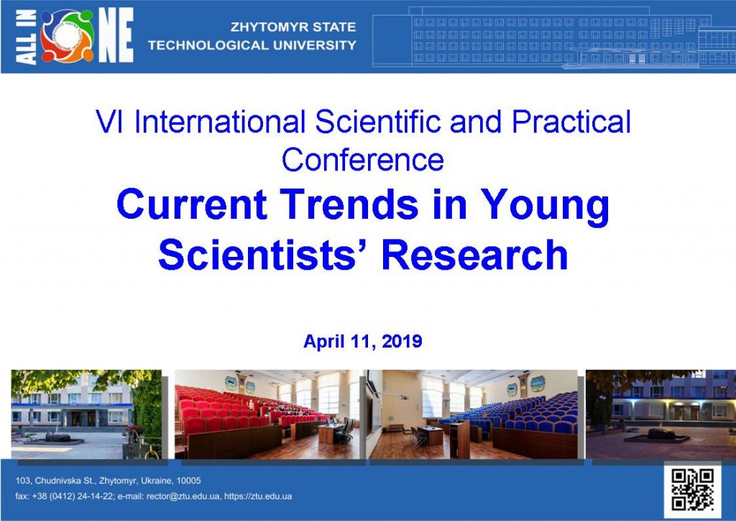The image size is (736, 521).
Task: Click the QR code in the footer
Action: (691, 489)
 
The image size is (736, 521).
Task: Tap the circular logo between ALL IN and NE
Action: (67, 36)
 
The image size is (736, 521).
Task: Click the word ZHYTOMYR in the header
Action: (262, 27)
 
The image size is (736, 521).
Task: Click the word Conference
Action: (362, 159)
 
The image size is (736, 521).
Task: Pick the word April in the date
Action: (320, 342)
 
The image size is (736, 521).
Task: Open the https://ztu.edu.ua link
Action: (257, 497)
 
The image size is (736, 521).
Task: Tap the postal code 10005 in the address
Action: (187, 481)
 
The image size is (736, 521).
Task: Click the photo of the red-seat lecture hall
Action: (267, 414)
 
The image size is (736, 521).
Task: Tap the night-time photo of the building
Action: (661, 414)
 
